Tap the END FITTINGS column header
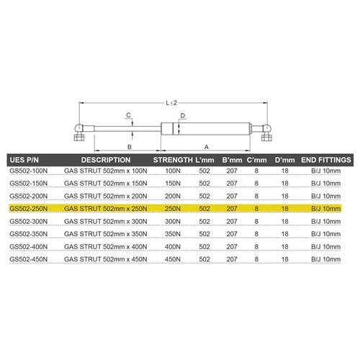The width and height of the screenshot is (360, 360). pyautogui.click(x=325, y=159)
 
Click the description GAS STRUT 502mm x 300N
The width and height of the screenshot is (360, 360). pyautogui.click(x=105, y=220)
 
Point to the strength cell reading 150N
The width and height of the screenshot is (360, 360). pyautogui.click(x=174, y=184)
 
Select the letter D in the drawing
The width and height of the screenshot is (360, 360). pyautogui.click(x=184, y=115)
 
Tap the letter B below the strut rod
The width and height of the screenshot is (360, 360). pyautogui.click(x=128, y=146)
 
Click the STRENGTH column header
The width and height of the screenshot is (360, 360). pyautogui.click(x=174, y=159)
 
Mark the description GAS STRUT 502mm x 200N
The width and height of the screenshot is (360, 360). pyautogui.click(x=105, y=196)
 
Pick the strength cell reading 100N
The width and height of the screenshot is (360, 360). pyautogui.click(x=174, y=172)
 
